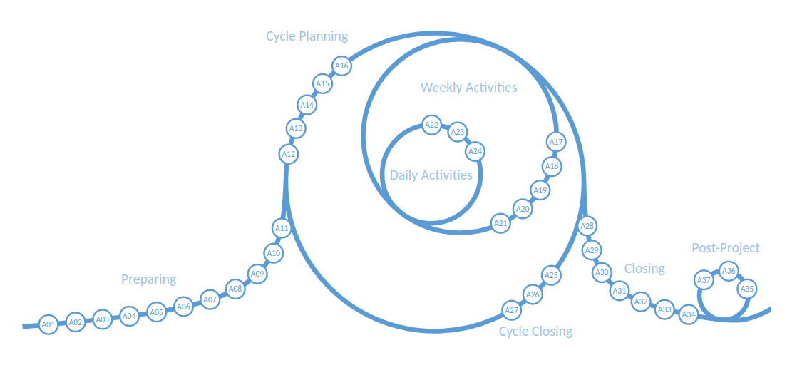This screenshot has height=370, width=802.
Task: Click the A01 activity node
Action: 48,325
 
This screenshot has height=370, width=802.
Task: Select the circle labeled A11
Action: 282,229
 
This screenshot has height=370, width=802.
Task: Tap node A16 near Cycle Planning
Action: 342,66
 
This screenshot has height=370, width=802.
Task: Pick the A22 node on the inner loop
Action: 431,125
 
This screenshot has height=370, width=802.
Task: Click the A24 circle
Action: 475,151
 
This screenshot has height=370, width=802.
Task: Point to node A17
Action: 556,142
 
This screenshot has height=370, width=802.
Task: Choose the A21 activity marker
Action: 501,224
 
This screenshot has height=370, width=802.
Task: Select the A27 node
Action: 511,310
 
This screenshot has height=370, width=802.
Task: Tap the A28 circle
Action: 587,227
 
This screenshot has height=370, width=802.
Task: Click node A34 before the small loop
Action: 688,314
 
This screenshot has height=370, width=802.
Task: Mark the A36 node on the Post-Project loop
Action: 728,271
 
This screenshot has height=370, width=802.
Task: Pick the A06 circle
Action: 183,307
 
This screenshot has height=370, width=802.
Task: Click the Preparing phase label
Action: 148,279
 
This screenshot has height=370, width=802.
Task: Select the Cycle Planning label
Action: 307,36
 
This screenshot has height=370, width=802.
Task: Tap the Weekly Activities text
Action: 468,88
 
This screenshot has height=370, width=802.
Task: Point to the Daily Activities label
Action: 431,175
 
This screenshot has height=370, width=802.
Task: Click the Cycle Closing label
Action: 535,332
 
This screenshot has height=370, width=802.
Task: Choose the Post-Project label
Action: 725,248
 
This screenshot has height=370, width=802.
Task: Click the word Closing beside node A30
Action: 644,269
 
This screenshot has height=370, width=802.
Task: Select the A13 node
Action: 296,129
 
